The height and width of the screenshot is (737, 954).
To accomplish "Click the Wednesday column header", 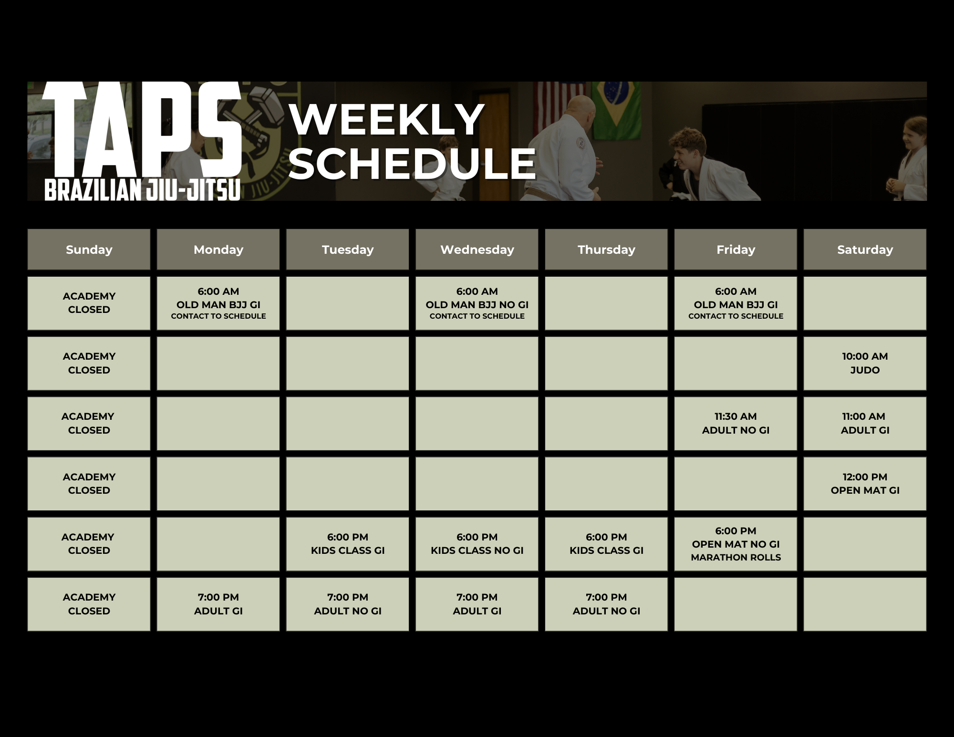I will [x=477, y=249].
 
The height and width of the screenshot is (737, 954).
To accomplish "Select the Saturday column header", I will [x=865, y=249].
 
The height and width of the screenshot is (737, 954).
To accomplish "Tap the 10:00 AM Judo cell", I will [x=865, y=363].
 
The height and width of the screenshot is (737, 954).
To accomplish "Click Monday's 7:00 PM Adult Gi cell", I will [x=218, y=604].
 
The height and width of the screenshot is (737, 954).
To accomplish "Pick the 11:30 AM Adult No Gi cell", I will [x=736, y=423].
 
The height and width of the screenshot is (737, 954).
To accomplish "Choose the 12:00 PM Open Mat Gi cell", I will [x=865, y=484].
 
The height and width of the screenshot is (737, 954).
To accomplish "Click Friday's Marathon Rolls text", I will [x=736, y=557].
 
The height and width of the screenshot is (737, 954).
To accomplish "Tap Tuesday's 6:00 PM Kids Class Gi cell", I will [x=348, y=544].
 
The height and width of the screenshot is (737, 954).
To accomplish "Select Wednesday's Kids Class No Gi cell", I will [x=477, y=544].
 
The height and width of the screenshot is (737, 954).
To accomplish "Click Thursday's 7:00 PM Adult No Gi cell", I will [x=606, y=604].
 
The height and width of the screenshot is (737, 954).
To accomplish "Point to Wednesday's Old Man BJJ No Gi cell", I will [x=477, y=303].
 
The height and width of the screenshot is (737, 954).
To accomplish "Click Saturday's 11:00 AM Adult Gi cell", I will [x=865, y=423].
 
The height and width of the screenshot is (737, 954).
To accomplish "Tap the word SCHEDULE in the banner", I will [x=413, y=164].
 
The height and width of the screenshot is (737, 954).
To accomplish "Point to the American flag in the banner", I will [x=553, y=105].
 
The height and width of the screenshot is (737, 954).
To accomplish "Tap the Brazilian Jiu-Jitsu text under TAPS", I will [x=142, y=190].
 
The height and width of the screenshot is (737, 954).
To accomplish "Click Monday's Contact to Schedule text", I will [x=218, y=316].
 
